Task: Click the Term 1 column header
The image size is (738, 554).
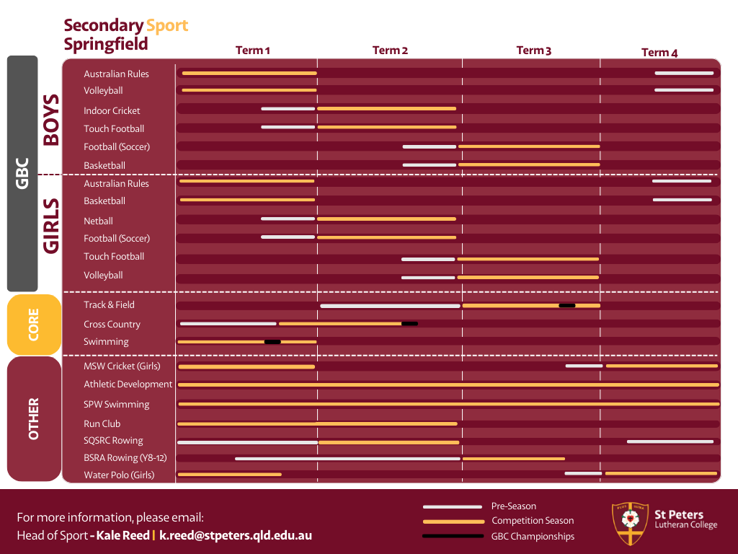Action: [253, 50]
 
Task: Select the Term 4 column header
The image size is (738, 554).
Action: [659, 53]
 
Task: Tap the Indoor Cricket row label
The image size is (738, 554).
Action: [112, 111]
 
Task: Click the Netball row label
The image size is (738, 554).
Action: [98, 221]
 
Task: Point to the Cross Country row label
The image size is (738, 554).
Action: [112, 325]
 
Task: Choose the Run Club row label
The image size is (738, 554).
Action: [102, 424]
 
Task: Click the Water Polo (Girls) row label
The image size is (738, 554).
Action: [119, 475]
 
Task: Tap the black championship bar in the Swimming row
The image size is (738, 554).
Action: [272, 342]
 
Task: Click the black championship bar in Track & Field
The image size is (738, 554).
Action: [567, 306]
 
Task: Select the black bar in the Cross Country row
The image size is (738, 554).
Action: [409, 324]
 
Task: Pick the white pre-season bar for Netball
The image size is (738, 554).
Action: [288, 219]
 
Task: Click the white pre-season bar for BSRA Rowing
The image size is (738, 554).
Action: [347, 459]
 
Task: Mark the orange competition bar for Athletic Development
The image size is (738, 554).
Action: [448, 385]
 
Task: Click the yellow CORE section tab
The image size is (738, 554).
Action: [34, 325]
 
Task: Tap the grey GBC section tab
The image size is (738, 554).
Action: [22, 173]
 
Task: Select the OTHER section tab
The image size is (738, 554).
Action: [34, 418]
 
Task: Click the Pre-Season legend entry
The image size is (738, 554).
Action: [513, 506]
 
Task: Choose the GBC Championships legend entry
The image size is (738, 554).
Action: [533, 537]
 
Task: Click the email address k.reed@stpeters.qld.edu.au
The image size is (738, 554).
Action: [236, 536]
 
